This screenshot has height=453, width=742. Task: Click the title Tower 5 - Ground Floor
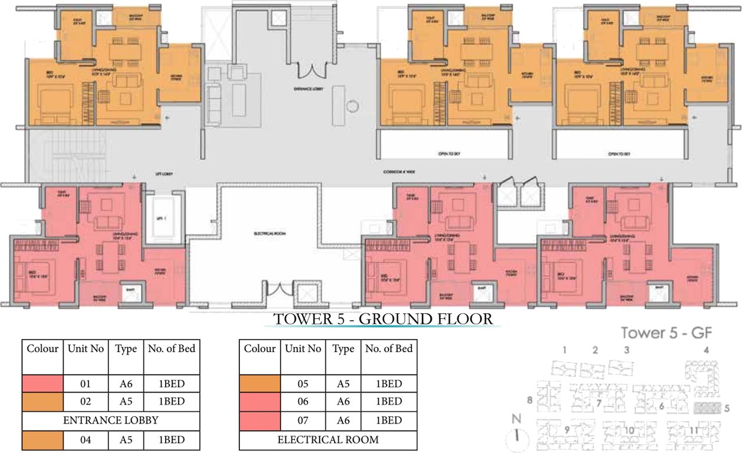(383, 319)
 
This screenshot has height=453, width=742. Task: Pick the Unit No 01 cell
(85, 384)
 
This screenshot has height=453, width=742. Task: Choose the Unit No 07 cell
(303, 421)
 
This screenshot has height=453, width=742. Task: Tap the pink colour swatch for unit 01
(42, 384)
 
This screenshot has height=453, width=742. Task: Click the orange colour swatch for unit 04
(42, 439)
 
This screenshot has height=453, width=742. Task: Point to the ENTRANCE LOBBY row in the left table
(111, 421)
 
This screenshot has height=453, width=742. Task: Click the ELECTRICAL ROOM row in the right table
(328, 439)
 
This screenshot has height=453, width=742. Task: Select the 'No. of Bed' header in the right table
(388, 349)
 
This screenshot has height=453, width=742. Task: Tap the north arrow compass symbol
(517, 435)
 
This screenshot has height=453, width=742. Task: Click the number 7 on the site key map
(598, 403)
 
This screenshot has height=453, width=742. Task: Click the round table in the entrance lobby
(352, 107)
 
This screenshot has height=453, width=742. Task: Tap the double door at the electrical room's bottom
(279, 290)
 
